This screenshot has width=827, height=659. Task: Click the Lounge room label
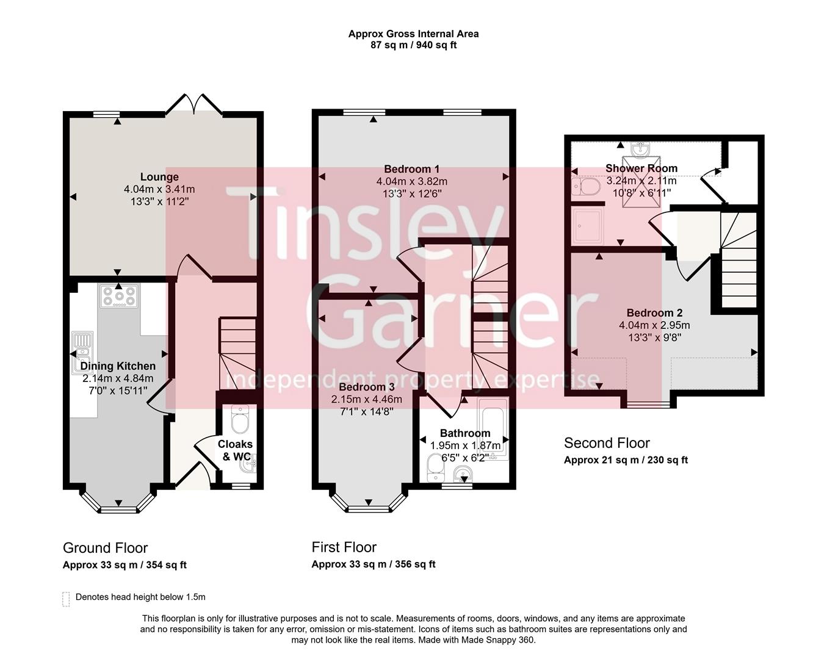point(159,178)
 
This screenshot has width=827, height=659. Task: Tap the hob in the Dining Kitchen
point(119,296)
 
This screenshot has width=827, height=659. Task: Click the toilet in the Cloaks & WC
point(241,419)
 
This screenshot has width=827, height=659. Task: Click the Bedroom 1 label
point(411,169)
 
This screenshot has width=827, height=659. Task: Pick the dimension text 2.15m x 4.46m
point(366,399)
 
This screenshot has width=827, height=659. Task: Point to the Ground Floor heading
point(105,548)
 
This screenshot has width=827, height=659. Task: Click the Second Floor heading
point(607,443)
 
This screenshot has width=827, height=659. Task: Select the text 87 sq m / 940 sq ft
point(413,45)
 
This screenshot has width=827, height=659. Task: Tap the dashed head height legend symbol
point(66,599)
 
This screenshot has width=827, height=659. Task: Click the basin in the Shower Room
point(640,148)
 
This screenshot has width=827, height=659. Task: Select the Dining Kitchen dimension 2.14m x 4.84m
point(118,378)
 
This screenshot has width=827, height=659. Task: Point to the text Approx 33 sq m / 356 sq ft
point(374,564)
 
